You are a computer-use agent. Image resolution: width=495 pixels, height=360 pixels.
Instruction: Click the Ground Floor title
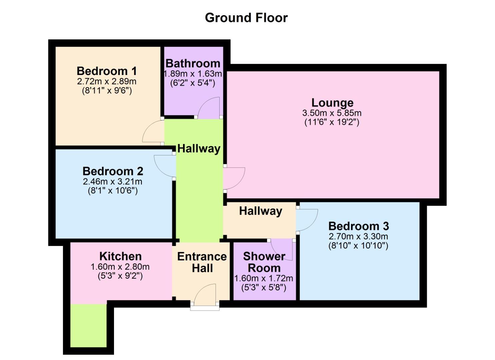pyautogui.click(x=246, y=18)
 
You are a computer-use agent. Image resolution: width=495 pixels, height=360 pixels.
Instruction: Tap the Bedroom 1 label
pyautogui.click(x=107, y=71)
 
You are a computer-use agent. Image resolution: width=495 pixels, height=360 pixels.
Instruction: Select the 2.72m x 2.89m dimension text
pyautogui.click(x=107, y=81)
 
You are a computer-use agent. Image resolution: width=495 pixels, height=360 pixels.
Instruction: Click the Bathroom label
pyautogui.click(x=193, y=63)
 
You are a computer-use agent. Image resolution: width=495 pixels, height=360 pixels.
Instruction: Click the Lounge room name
pyautogui.click(x=332, y=103)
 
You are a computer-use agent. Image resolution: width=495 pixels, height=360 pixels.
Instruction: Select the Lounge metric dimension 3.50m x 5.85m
pyautogui.click(x=332, y=113)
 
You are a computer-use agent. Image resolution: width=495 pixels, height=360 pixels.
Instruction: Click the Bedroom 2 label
pyautogui.click(x=113, y=171)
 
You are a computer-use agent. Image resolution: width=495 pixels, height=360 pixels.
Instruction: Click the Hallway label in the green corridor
pyautogui.click(x=199, y=148)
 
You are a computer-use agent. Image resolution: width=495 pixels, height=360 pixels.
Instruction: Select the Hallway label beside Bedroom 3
pyautogui.click(x=260, y=211)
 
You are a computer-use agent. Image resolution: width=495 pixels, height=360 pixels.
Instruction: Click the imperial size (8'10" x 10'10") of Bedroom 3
pyautogui.click(x=358, y=246)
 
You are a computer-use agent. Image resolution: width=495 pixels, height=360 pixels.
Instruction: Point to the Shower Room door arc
pyautogui.click(x=282, y=249)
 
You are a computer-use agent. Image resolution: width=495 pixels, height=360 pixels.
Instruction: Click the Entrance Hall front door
pyautogui.click(x=205, y=295)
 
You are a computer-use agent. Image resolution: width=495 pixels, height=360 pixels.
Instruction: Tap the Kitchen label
pyautogui.click(x=120, y=256)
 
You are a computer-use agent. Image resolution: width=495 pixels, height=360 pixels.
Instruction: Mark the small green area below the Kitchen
pyautogui.click(x=88, y=325)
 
